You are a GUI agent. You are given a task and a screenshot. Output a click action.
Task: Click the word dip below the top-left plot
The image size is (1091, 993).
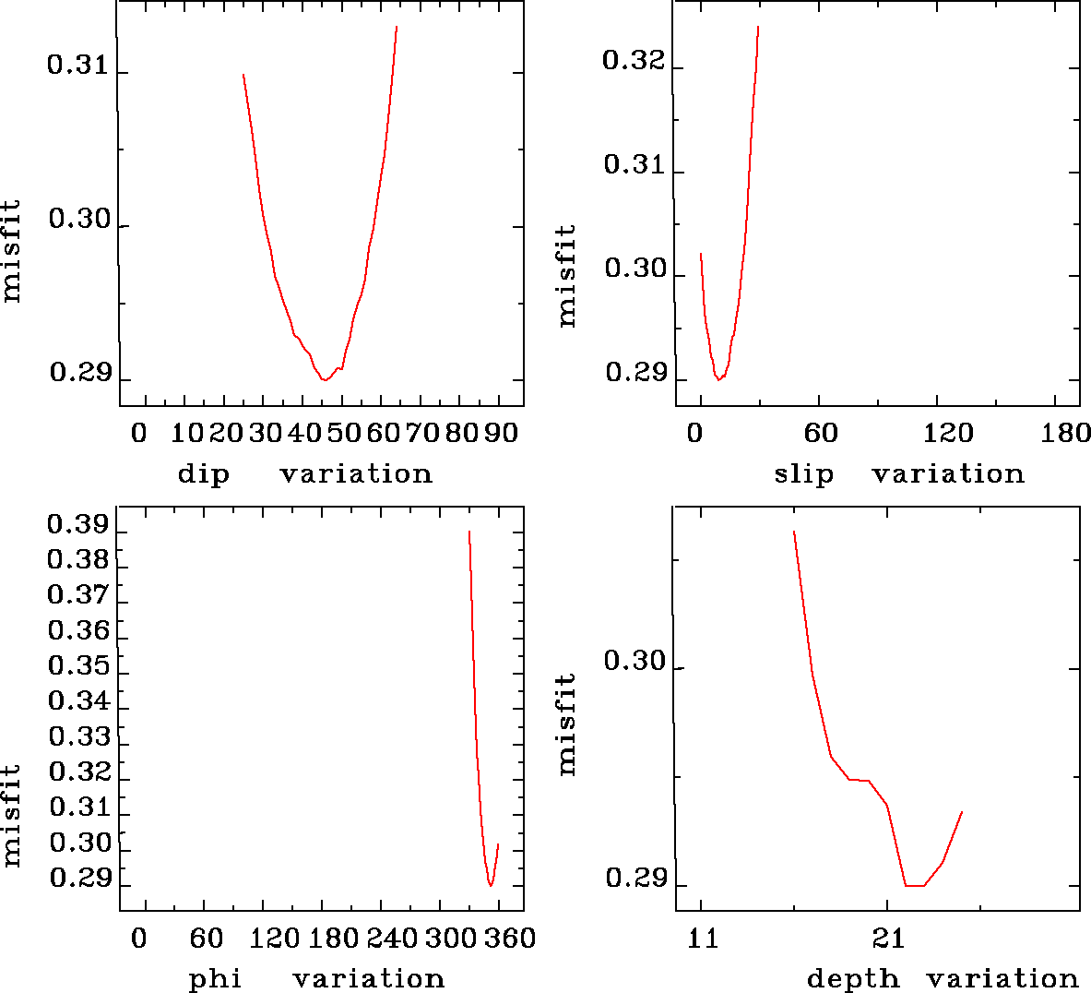coord(203,474)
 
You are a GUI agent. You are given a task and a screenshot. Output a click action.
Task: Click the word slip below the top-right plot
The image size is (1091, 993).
coord(803,474)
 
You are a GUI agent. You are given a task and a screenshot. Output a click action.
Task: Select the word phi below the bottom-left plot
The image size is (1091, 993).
coord(215,978)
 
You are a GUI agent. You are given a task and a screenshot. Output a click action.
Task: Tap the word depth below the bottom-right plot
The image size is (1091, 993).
coord(853,978)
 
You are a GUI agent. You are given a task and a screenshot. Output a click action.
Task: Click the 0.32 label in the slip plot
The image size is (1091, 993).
coord(633,61)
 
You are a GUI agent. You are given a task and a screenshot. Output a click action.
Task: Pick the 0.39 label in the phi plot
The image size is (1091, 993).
coord(77,524)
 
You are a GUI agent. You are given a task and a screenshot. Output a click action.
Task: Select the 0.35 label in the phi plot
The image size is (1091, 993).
coord(77,665)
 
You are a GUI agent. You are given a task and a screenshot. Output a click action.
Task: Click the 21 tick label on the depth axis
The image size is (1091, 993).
coord(888,939)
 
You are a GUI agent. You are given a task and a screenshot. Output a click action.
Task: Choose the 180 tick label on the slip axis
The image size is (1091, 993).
coord(1066,434)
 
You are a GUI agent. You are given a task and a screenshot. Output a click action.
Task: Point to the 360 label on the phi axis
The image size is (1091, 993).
coord(510,939)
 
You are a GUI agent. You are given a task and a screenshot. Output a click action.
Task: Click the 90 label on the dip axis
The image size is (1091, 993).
coord(501,434)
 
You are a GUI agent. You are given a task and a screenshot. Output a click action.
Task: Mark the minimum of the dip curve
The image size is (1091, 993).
coord(324,379)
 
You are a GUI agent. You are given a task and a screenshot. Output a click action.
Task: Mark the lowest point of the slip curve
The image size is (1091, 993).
coord(718,379)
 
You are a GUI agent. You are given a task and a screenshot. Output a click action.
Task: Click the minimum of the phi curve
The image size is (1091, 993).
coord(491,885)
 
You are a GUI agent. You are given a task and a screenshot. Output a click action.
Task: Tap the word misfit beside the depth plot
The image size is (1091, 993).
coord(565,724)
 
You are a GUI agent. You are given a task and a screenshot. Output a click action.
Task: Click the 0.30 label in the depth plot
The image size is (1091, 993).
coord(633,662)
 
